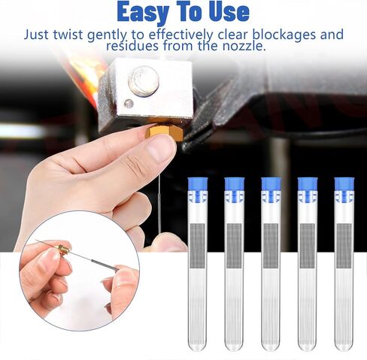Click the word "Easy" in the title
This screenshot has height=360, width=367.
tap(142, 12)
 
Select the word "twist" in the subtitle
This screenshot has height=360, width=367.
tap(68, 35)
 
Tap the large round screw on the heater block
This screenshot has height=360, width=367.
tap(144, 80)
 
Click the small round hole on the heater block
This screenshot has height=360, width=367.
tap(129, 104)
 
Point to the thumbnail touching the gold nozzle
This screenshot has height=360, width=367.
tap(159, 149)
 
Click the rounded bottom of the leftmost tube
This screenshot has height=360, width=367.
tap(198, 345)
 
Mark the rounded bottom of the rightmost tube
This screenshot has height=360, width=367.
tap(344, 345)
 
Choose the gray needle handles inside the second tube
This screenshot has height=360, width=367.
tap(234, 246)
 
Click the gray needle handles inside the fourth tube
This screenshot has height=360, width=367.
tap(308, 246)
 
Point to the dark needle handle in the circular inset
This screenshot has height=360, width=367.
tap(105, 265)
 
